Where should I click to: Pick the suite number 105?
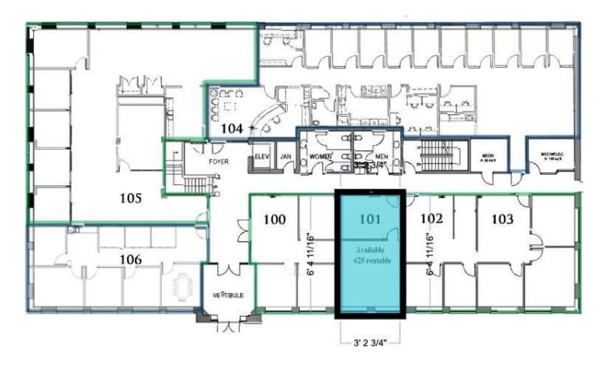point(130,199)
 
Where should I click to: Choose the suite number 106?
point(130,259)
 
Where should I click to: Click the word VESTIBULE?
point(227,295)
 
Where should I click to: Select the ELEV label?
point(263,157)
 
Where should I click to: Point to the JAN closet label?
point(286,157)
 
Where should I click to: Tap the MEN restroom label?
point(382,157)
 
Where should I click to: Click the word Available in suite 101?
point(371,249)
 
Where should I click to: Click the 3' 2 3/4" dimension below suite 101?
point(370,344)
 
